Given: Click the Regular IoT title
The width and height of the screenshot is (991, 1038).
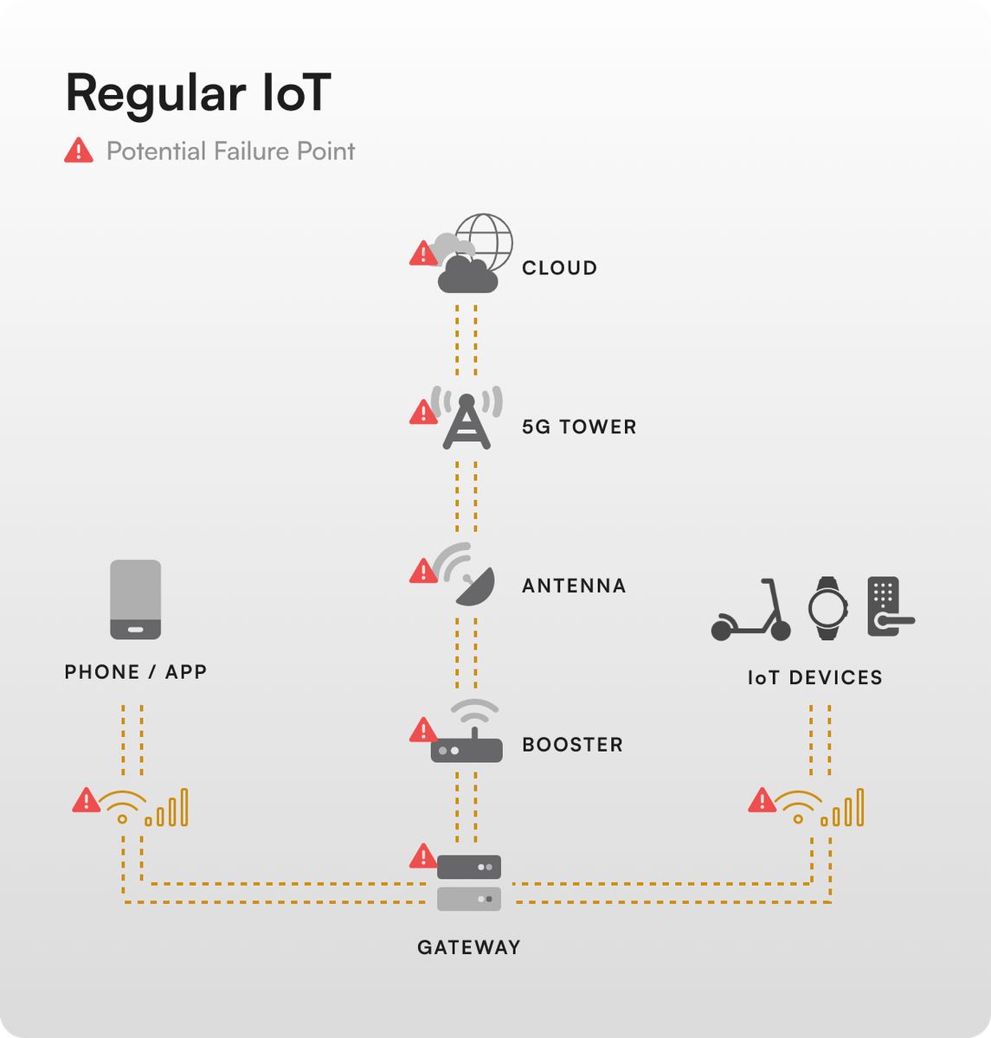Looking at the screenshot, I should click(197, 93).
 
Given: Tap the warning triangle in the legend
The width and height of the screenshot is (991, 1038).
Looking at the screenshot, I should click(79, 151).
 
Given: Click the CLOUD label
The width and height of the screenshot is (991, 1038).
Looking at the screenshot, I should click(559, 268).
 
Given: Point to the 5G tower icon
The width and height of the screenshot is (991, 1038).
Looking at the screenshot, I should click(467, 421).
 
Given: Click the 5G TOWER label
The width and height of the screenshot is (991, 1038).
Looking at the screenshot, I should click(579, 427).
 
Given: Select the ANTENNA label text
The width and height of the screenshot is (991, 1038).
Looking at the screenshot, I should click(574, 586).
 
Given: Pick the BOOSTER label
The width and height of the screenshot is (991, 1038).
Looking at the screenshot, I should click(572, 745).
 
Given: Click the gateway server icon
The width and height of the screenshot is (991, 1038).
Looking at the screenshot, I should click(469, 882).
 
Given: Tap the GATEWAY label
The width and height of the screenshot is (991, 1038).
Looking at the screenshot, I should click(469, 947).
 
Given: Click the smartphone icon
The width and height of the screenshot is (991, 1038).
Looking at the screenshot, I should click(136, 599).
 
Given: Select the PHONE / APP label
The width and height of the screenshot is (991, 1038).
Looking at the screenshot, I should click(136, 672).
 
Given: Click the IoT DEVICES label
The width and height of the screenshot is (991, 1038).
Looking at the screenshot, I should click(815, 677).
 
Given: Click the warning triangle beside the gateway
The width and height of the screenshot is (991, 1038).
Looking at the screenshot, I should click(422, 856).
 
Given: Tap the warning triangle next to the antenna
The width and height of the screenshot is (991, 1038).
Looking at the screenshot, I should click(422, 571).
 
